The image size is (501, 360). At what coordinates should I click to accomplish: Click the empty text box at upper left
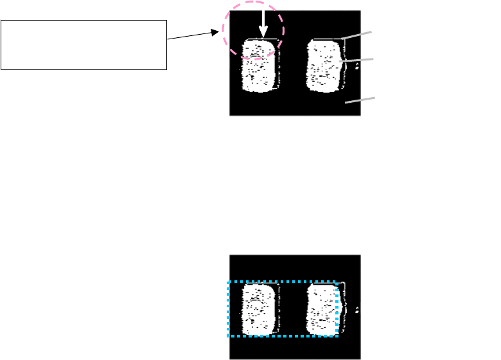(83, 44)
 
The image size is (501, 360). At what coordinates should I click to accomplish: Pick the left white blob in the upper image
(259, 66)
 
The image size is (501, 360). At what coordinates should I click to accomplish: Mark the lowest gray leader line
(360, 100)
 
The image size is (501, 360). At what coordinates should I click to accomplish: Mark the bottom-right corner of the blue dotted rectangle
(336, 336)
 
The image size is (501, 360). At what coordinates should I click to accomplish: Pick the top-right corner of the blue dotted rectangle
(336, 282)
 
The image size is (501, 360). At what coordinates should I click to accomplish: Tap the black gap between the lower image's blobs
(292, 309)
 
